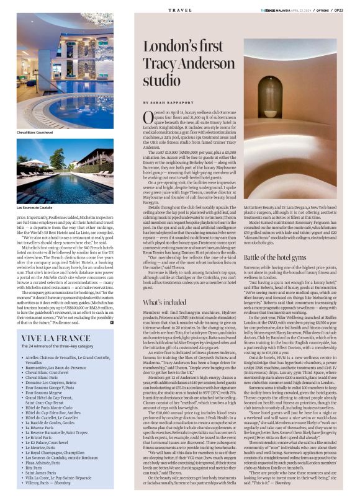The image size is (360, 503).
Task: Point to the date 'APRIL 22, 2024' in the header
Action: (x=297, y=11)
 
